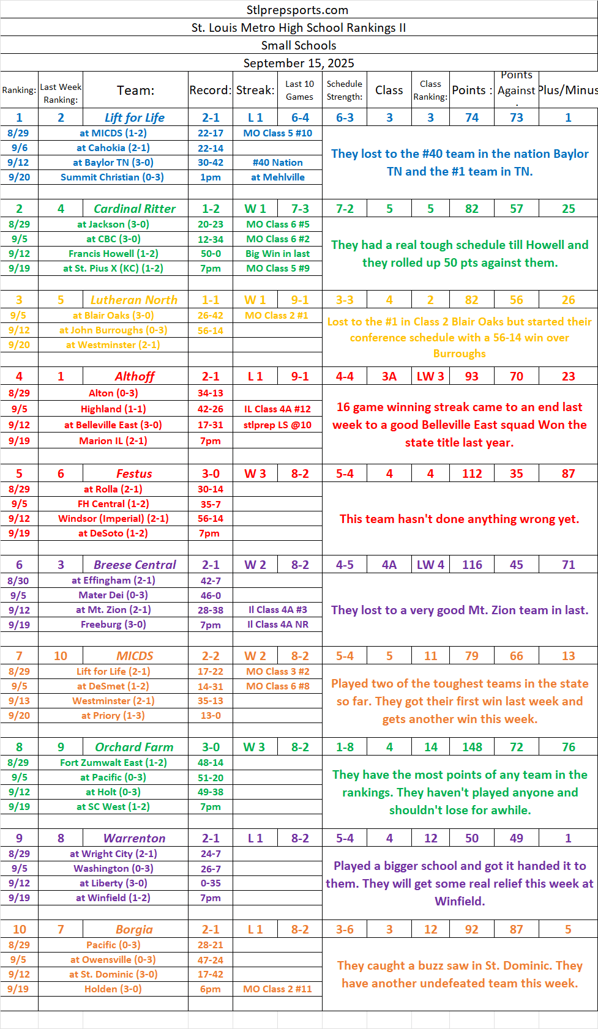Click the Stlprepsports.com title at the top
297,10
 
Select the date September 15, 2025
299,63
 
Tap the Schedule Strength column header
345,90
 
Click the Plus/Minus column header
568,90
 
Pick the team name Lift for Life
135,117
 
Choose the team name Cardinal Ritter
135,209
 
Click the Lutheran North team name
134,300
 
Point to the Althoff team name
135,376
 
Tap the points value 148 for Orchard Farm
472,747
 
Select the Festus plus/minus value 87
568,474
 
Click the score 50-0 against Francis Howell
211,253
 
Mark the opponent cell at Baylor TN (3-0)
113,162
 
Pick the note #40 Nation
277,162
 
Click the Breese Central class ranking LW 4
430,565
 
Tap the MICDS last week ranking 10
61,656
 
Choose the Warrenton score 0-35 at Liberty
211,883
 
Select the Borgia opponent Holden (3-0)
113,989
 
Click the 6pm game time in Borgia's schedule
211,989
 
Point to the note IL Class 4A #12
277,409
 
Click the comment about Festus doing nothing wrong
459,519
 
